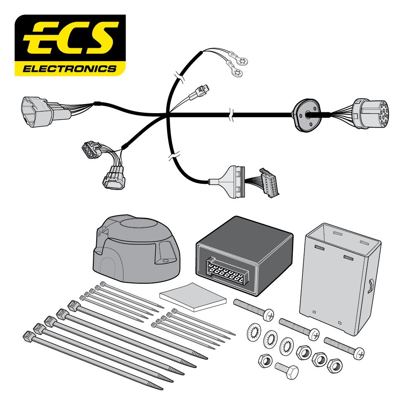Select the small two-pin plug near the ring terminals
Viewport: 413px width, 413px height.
(200, 93)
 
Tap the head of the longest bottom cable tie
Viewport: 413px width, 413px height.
(29, 335)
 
